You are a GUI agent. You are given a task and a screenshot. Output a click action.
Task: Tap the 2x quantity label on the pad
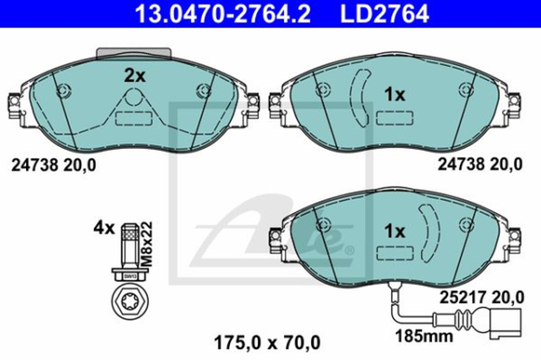[x=133, y=77]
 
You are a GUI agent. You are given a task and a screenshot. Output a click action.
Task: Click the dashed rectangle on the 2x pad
[x=133, y=118]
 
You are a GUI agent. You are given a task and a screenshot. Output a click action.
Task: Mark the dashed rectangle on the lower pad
[x=394, y=255]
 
